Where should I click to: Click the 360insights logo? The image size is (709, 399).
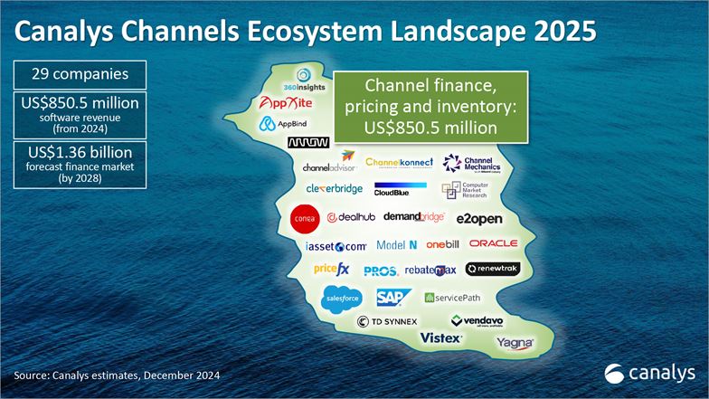(305, 80)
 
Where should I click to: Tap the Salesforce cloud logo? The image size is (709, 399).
(343, 297)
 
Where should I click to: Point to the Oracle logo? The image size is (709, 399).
(493, 243)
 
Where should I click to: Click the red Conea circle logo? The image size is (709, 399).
(304, 218)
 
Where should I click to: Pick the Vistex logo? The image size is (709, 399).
(442, 337)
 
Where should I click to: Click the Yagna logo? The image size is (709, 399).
(515, 343)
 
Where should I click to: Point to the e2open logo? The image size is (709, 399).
(478, 219)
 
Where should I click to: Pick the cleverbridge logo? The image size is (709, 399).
(333, 189)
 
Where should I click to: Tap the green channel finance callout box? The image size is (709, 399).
(430, 107)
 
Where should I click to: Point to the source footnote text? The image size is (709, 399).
(117, 375)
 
